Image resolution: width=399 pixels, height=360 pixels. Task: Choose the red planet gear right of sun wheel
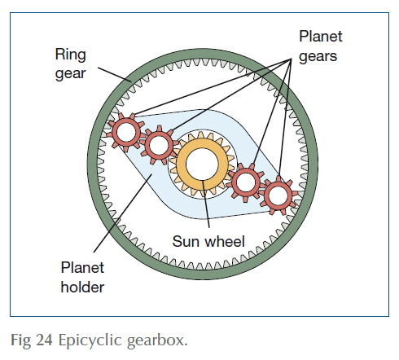243,182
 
